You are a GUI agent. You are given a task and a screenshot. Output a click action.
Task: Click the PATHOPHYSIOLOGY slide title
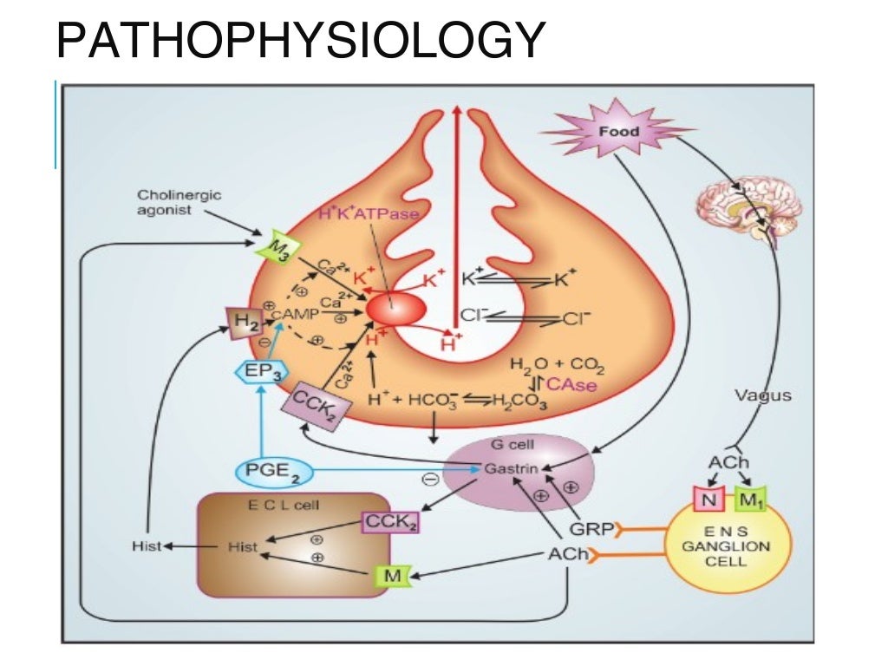pyautogui.click(x=300, y=42)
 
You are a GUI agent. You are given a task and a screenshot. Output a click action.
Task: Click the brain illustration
pyautogui.click(x=749, y=206)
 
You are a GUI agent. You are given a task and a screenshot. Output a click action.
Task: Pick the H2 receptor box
pyautogui.click(x=244, y=323)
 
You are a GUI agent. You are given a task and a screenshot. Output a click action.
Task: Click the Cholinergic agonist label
pyautogui.click(x=166, y=202)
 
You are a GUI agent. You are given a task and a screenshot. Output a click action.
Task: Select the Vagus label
pyautogui.click(x=763, y=395)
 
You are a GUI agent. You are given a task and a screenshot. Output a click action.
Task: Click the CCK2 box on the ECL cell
pyautogui.click(x=388, y=522)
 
